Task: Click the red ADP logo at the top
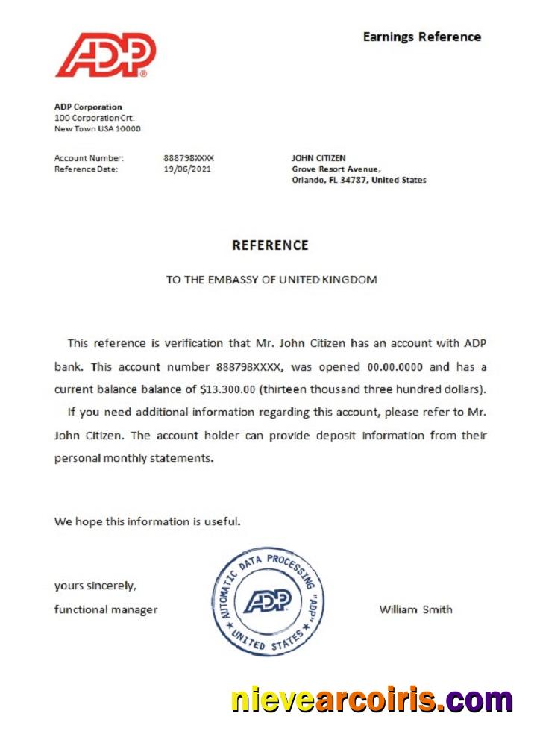(x=105, y=54)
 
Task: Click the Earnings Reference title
(x=421, y=37)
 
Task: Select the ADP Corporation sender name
(x=88, y=107)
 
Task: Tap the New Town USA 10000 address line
(x=97, y=128)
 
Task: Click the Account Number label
(x=89, y=158)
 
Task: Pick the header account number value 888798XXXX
(x=188, y=158)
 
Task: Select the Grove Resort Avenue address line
(x=336, y=169)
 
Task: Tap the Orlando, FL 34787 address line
(x=358, y=180)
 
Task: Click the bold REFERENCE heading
(x=270, y=245)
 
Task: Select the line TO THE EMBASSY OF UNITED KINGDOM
(x=271, y=280)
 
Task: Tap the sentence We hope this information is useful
(x=147, y=521)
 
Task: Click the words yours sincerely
(x=95, y=586)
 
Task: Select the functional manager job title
(x=106, y=609)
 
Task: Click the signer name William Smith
(x=415, y=609)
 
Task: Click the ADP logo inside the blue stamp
(x=268, y=601)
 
